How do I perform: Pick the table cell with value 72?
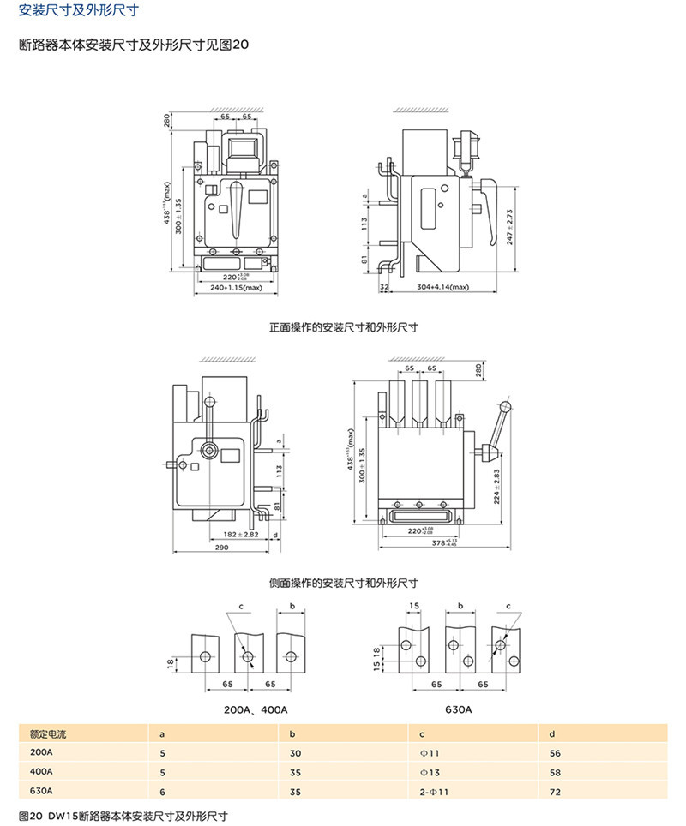point(555,793)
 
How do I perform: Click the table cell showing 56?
point(555,753)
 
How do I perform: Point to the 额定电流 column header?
point(48,733)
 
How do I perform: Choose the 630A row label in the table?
point(41,793)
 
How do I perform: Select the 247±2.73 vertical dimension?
point(509,225)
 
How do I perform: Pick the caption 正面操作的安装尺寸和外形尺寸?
point(343,327)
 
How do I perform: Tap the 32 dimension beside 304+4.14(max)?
point(384,288)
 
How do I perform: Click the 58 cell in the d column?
point(555,773)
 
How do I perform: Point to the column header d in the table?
point(552,733)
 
